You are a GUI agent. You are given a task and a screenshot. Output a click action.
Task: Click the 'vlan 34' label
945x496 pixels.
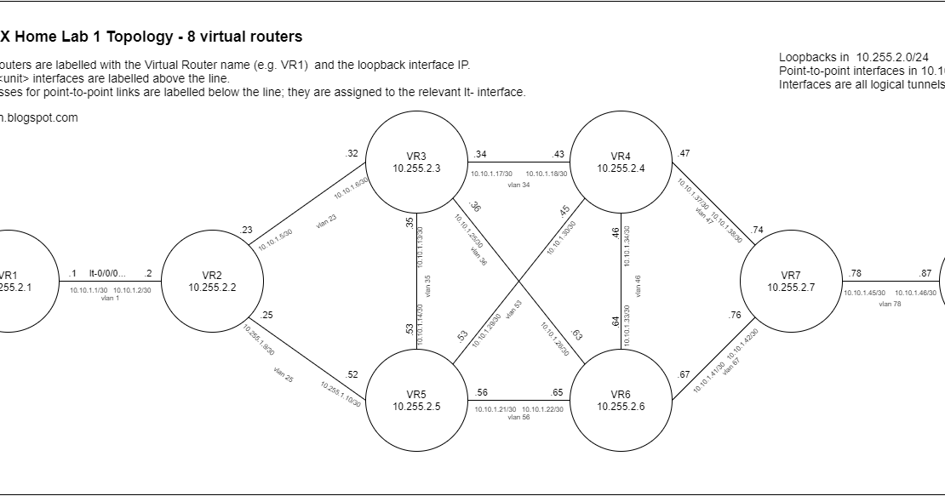[518, 185]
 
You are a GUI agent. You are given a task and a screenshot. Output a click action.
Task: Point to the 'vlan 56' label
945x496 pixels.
[518, 417]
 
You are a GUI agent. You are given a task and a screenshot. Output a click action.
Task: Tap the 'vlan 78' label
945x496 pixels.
[890, 304]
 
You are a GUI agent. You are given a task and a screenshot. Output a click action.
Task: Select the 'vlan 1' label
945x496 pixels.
[110, 298]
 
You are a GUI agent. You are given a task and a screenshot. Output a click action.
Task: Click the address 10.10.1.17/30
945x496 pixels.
[491, 174]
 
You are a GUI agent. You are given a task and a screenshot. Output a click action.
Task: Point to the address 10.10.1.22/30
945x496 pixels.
[542, 409]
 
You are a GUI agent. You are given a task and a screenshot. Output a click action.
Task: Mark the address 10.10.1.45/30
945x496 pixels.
[863, 294]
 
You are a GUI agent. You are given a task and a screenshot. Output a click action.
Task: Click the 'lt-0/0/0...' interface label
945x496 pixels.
[107, 273]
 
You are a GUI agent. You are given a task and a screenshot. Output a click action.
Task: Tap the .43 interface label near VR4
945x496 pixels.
[558, 154]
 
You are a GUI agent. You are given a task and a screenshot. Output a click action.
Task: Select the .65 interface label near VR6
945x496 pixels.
[557, 392]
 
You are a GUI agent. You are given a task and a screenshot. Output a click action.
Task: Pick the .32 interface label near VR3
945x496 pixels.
[352, 153]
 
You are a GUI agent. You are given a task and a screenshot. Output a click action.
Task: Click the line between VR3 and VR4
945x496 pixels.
[518, 162]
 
